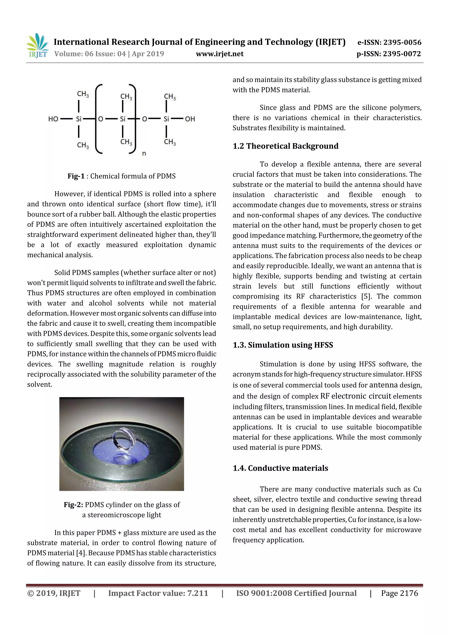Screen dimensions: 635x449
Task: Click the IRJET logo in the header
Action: click(37, 46)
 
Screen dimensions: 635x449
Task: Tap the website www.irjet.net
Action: click(220, 54)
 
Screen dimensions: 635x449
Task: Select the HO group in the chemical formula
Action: click(53, 119)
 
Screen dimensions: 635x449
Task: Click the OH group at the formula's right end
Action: click(190, 119)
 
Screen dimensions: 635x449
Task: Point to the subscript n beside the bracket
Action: click(144, 153)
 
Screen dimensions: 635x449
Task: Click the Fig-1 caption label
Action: click(76, 176)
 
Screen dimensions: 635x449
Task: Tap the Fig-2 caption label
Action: click(73, 505)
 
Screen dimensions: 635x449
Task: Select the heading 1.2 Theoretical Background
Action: click(285, 146)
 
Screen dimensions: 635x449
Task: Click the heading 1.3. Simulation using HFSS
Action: click(283, 345)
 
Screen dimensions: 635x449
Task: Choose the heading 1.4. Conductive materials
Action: click(280, 468)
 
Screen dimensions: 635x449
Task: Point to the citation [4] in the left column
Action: click(81, 553)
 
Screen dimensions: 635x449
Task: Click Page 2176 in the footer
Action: click(399, 593)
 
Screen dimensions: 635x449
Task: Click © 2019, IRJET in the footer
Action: click(54, 593)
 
